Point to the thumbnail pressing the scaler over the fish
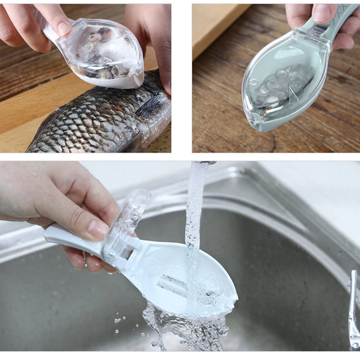[x=63, y=28]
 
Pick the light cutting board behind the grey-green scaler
[x=216, y=27]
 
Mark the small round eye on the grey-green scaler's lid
[x=253, y=82]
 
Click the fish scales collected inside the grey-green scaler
[x=288, y=85]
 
